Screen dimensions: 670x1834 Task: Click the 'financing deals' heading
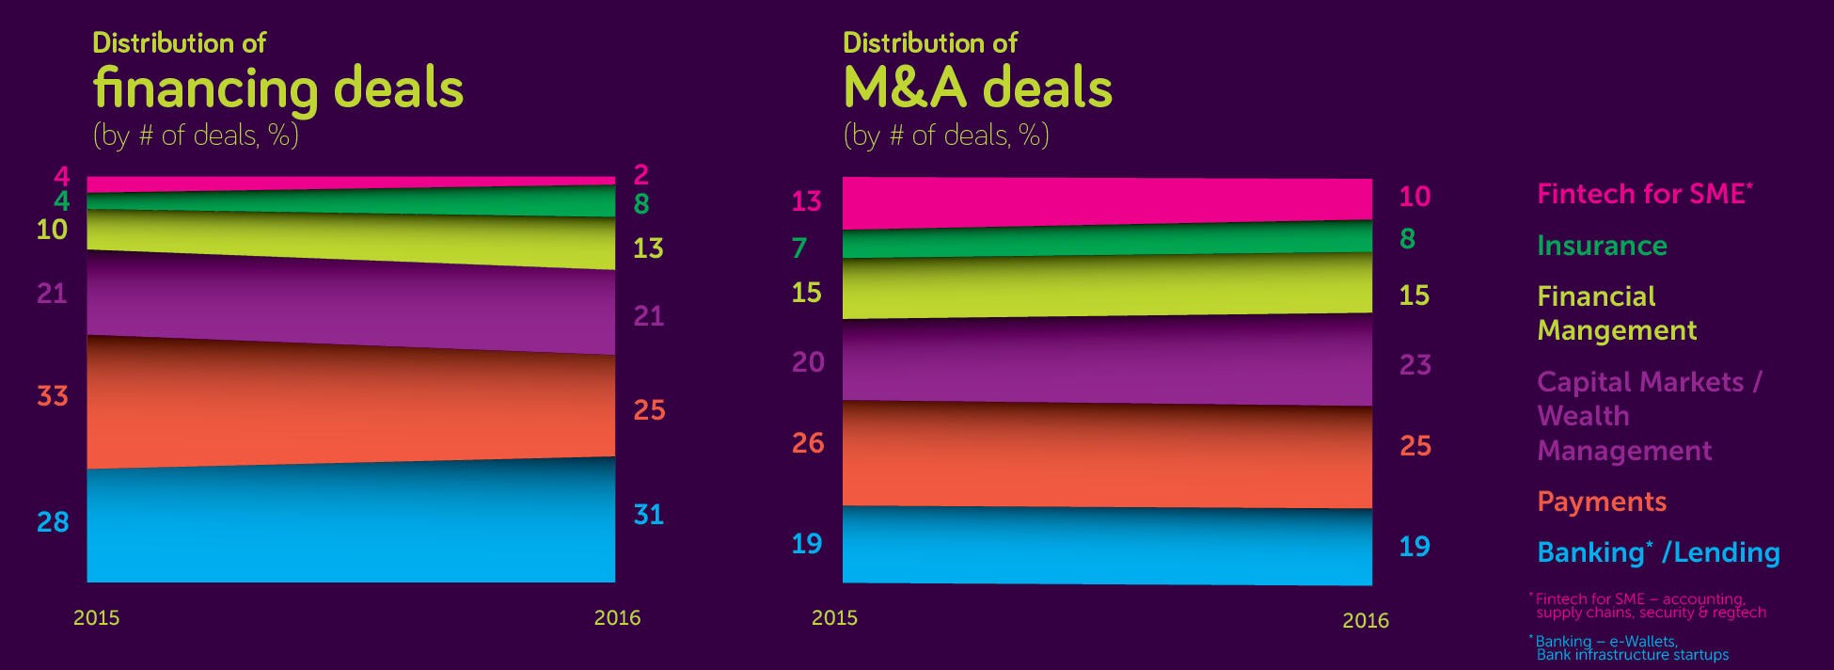[x=278, y=89]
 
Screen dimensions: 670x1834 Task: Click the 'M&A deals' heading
[x=977, y=88]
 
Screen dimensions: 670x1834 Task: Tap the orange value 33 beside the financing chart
[x=53, y=396]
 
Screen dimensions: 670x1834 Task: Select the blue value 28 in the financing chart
[x=53, y=522]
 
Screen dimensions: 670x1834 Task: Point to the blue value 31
[x=649, y=515]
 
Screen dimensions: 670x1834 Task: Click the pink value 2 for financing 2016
[x=641, y=174]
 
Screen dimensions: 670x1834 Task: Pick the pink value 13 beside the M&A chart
[x=806, y=201]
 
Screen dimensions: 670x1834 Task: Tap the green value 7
[x=799, y=247]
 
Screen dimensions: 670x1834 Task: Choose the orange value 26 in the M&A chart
[x=808, y=443]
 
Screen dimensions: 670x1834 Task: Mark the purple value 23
[x=1415, y=365]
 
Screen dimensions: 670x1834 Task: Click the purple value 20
[x=808, y=362]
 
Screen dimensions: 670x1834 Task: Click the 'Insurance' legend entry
[x=1602, y=246]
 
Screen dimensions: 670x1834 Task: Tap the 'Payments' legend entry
[x=1602, y=502]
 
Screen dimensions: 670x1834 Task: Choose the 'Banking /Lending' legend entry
[x=1658, y=552]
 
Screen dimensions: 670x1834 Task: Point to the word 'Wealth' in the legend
[x=1583, y=416]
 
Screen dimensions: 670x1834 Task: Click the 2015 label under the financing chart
[x=97, y=618]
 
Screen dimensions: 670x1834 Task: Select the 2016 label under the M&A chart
[x=1366, y=621]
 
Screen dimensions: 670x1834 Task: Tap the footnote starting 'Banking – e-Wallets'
[x=1632, y=648]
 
